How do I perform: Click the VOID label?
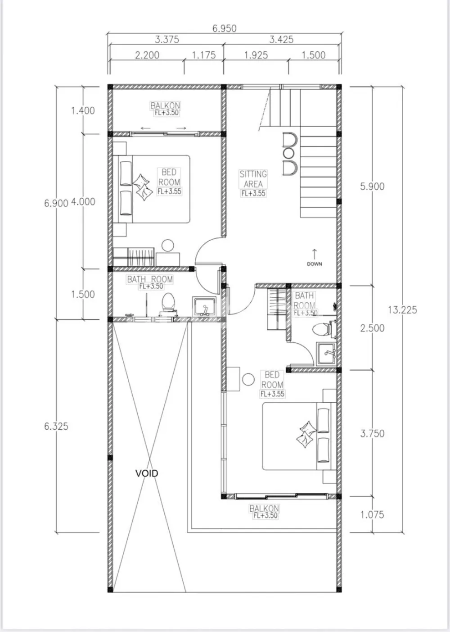tap(147, 473)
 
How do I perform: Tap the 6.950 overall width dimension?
tap(224, 28)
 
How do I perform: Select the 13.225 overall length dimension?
tap(402, 310)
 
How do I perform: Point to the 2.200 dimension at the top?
tap(147, 55)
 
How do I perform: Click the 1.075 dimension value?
tap(372, 514)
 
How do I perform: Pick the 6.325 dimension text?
tap(56, 426)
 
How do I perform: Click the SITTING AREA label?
tap(253, 179)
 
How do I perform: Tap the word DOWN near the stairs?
tap(315, 264)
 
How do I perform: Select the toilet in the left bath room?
tap(168, 304)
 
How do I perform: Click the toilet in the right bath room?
tap(324, 329)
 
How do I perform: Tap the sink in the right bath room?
tap(326, 354)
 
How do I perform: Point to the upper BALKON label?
tap(165, 105)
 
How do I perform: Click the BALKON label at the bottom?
tap(264, 509)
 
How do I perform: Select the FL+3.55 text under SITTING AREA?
tap(253, 193)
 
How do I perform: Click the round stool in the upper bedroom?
tap(168, 245)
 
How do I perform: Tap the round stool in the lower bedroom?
tap(248, 379)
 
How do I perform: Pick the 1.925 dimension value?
tap(256, 55)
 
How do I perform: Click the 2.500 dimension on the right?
tap(372, 328)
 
